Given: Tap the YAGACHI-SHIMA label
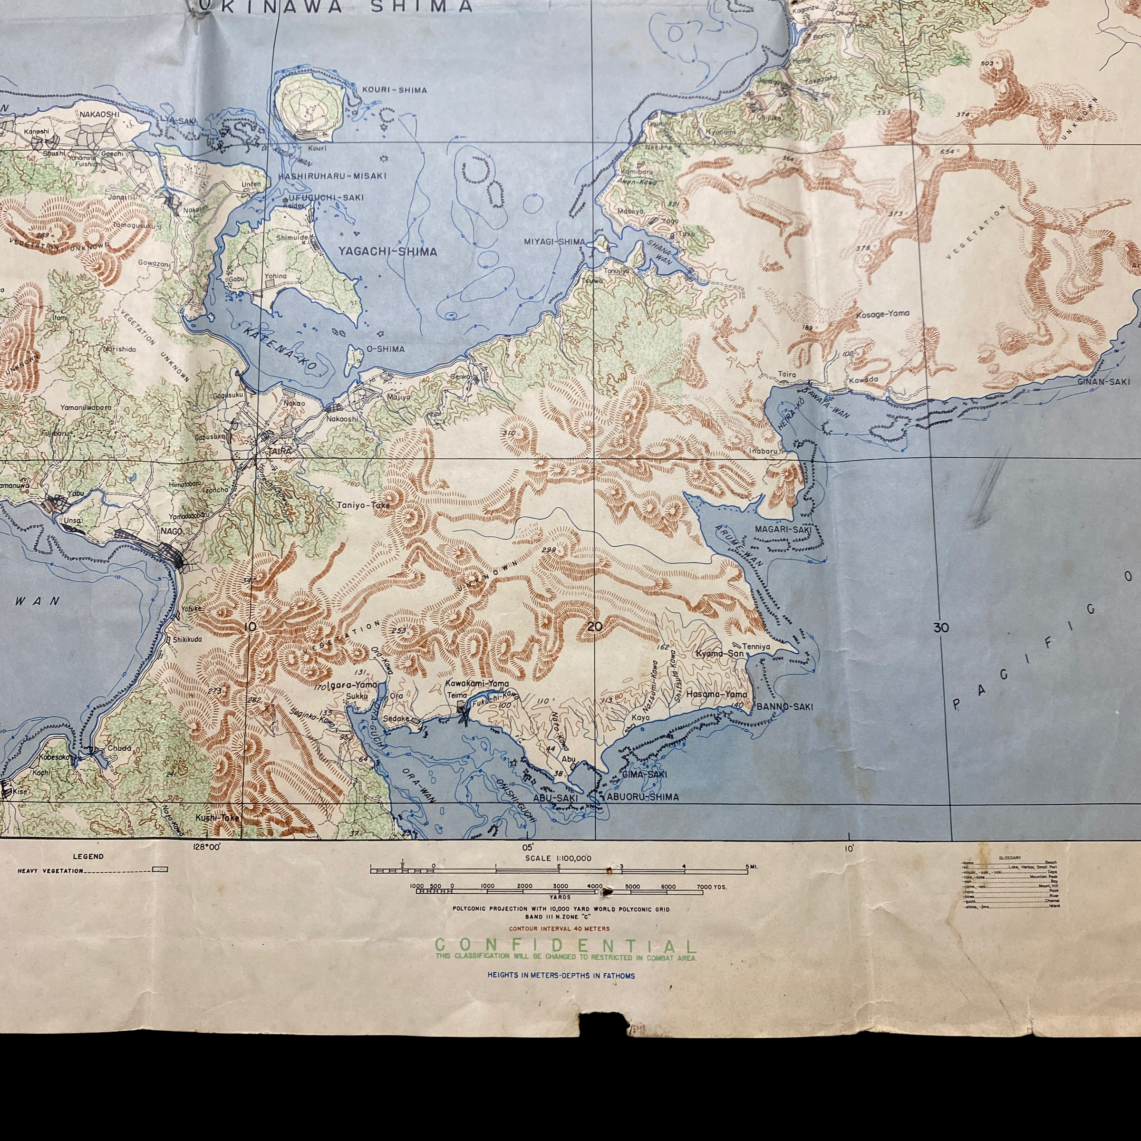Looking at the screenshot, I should pyautogui.click(x=387, y=251).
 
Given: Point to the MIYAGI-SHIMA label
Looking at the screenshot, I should pyautogui.click(x=554, y=242).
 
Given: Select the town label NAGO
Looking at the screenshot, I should pyautogui.click(x=171, y=532).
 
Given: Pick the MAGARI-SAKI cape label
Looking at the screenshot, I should pyautogui.click(x=783, y=529).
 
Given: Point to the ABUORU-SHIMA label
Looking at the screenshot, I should pyautogui.click(x=643, y=797).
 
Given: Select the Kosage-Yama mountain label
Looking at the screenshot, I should pyautogui.click(x=882, y=314).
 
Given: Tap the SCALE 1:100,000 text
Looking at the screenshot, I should pyautogui.click(x=558, y=858).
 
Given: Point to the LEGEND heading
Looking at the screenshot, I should pyautogui.click(x=88, y=856).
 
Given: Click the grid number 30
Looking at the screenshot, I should pyautogui.click(x=941, y=627).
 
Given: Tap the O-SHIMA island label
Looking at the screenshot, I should pyautogui.click(x=386, y=349).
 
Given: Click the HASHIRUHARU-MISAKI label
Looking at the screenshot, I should pyautogui.click(x=332, y=176).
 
